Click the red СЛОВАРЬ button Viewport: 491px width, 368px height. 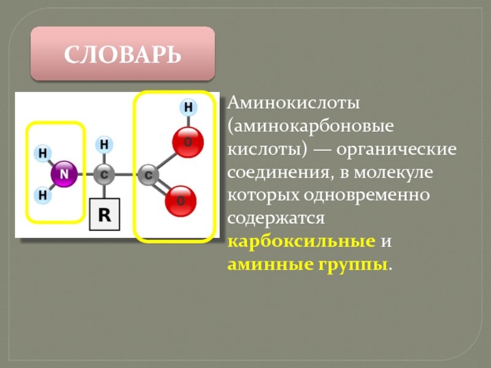click(x=123, y=54)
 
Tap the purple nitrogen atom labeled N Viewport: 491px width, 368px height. click(x=64, y=175)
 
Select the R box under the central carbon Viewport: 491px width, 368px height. click(x=105, y=215)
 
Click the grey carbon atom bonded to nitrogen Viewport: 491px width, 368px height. click(x=104, y=175)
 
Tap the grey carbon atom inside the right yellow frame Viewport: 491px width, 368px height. click(x=148, y=175)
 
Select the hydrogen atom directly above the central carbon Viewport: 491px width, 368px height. click(x=104, y=145)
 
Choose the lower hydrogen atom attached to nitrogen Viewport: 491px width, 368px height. click(x=43, y=196)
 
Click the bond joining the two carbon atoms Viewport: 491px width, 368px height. click(x=126, y=175)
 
